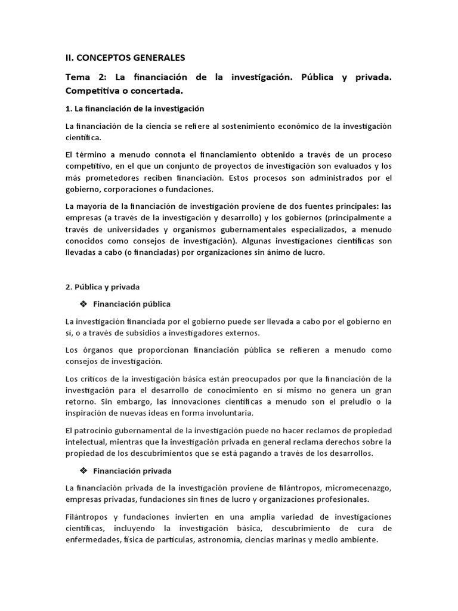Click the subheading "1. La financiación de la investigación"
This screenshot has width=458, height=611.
click(135, 109)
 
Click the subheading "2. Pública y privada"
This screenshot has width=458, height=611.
click(103, 287)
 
